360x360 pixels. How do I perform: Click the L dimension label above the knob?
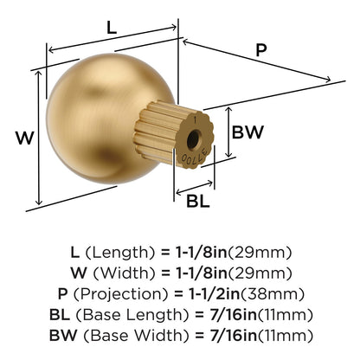point(112,28)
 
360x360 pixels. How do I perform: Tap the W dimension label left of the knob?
point(25,138)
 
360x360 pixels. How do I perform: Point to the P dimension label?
point(261,50)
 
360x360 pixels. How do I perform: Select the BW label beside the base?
point(247,132)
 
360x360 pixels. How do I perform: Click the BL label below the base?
point(198,201)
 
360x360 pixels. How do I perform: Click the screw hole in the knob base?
point(192,139)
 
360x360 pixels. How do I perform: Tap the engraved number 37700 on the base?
point(196,155)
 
